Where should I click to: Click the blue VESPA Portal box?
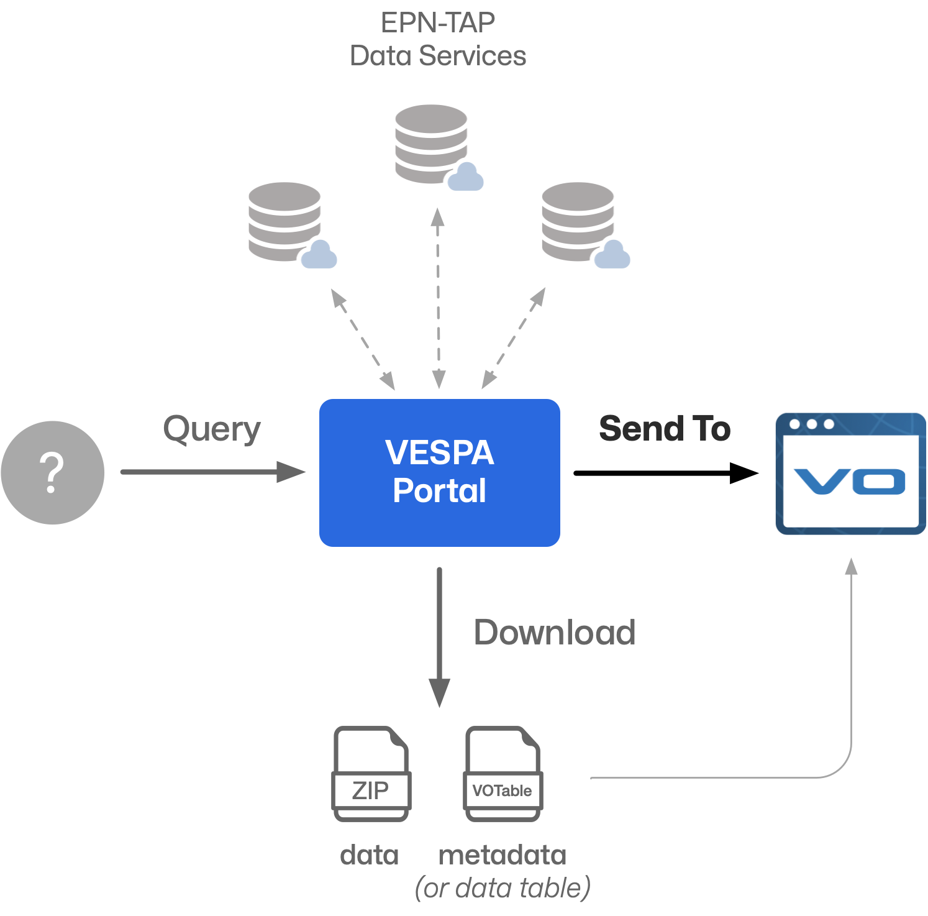[439, 472]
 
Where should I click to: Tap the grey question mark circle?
[52, 472]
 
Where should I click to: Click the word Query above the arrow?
[211, 429]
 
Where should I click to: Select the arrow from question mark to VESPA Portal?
[211, 472]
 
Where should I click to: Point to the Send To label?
[664, 429]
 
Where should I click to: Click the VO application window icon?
[850, 474]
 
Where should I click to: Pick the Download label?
[554, 633]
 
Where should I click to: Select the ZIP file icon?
[371, 774]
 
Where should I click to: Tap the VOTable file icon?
[503, 774]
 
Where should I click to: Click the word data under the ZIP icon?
[369, 856]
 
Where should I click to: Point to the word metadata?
[502, 856]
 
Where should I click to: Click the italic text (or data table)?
[502, 888]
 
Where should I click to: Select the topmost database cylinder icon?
[432, 144]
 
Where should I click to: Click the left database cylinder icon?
[286, 222]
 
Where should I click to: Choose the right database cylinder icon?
[579, 222]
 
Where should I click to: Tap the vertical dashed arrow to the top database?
[438, 298]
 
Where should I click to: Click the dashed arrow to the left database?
[363, 339]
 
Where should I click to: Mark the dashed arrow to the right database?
[514, 339]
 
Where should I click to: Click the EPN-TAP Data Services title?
[438, 39]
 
